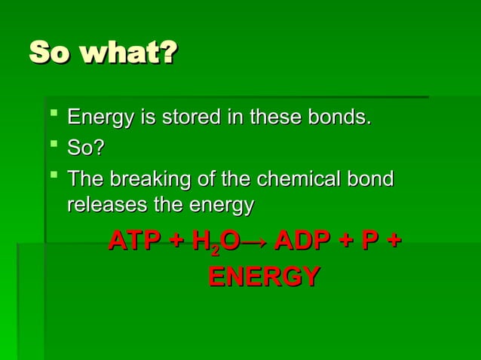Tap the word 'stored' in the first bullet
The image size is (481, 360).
pos(197,118)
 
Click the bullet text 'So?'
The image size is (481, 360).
pos(85,149)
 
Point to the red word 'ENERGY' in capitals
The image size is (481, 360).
pos(262,276)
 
